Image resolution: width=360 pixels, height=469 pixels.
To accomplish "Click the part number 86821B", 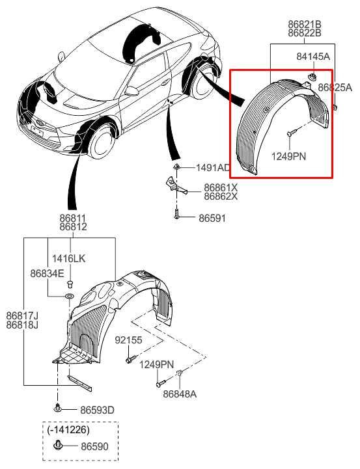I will click(x=305, y=24).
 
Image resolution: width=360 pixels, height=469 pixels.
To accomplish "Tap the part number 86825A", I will click(x=335, y=87).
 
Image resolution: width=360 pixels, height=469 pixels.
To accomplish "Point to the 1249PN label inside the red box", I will click(x=288, y=155).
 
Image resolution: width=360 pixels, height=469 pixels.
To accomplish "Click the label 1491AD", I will click(x=213, y=168).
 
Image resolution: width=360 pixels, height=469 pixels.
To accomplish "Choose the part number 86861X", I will click(x=221, y=187).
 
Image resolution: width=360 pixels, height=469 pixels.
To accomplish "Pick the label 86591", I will click(x=212, y=219).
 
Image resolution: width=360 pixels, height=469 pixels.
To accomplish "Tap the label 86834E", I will click(x=47, y=275).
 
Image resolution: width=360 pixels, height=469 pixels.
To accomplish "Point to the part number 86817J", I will click(x=22, y=315).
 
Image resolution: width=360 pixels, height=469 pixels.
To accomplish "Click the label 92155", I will click(x=128, y=340).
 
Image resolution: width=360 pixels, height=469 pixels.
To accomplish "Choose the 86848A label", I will click(x=180, y=394).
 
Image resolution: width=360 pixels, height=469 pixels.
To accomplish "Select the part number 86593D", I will click(x=97, y=410).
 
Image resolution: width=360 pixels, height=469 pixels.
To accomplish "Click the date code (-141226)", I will click(x=68, y=430).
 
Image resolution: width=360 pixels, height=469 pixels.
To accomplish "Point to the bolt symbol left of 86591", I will click(x=176, y=217).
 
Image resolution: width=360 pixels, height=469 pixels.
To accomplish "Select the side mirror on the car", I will click(x=132, y=92).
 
